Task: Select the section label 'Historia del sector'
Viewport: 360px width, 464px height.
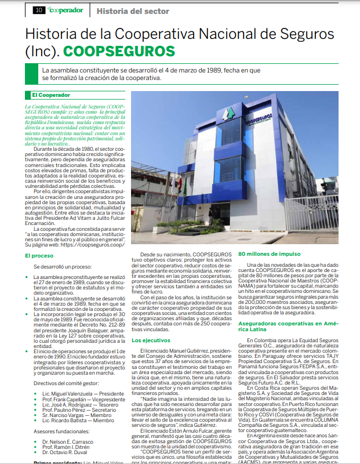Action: click(133, 10)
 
